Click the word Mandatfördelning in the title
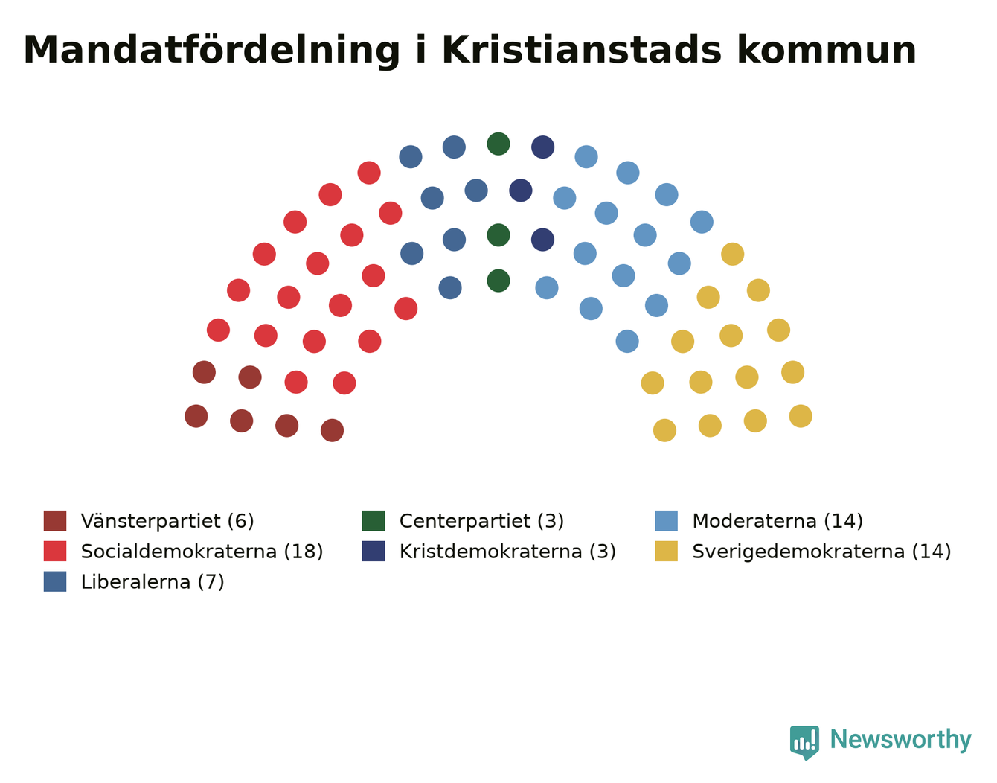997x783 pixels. (211, 51)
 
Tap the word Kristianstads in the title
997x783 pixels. (581, 50)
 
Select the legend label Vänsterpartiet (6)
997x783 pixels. (167, 522)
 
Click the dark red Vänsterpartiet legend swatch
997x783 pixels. (55, 520)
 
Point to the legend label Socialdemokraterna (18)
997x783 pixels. (202, 552)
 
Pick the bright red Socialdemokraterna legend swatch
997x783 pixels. (55, 551)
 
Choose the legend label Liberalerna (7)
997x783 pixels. (153, 582)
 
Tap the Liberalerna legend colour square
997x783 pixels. (55, 581)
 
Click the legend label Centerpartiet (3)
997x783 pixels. (481, 522)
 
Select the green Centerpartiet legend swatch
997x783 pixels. (374, 520)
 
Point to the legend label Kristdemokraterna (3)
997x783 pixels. (508, 552)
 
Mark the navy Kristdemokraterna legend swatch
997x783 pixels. (374, 551)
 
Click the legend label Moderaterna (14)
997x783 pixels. (778, 522)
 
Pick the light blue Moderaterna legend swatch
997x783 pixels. (666, 520)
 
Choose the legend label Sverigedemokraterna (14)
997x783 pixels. (821, 552)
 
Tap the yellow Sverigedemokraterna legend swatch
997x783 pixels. (666, 551)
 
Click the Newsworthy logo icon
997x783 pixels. (804, 743)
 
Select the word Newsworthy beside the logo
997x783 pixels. (901, 740)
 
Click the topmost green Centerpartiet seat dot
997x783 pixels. (499, 144)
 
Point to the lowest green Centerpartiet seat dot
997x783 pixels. (499, 281)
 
